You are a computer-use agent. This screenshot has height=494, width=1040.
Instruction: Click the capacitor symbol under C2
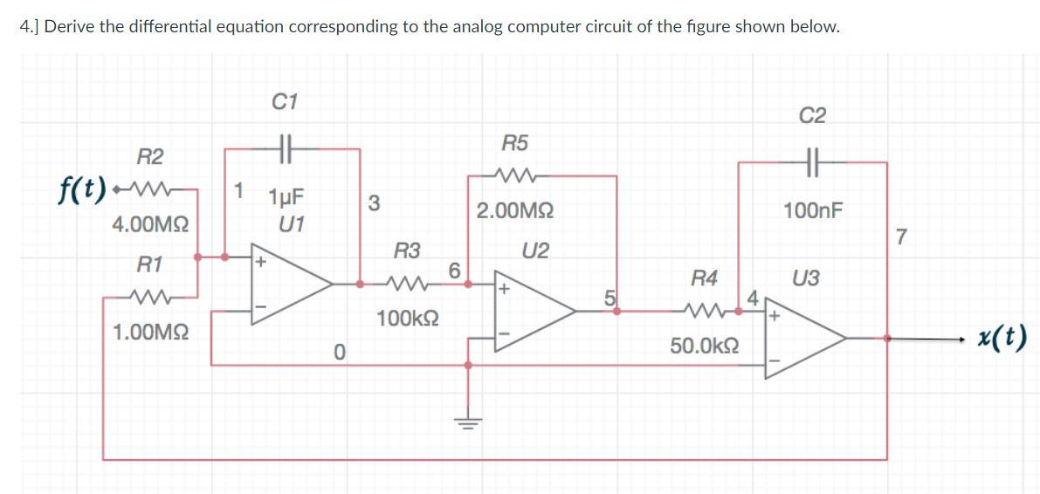click(x=813, y=161)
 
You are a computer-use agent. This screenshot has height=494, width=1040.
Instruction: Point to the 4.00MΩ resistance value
click(x=150, y=225)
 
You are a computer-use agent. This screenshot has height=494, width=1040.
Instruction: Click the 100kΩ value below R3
click(x=407, y=319)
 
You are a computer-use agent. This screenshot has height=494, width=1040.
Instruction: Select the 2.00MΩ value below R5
click(x=515, y=212)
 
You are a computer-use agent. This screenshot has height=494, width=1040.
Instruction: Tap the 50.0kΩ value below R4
click(x=705, y=346)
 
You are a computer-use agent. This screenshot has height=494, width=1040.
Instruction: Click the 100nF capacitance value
click(x=813, y=211)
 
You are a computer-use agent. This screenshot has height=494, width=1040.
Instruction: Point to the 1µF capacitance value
click(x=286, y=197)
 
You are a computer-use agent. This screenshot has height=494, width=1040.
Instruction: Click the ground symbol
click(x=468, y=422)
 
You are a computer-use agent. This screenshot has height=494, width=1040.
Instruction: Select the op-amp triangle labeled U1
click(x=292, y=284)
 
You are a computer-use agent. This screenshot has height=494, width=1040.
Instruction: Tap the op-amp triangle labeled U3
click(x=805, y=338)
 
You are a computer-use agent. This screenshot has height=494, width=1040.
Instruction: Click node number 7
click(x=900, y=236)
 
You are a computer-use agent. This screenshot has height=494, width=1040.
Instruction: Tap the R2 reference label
click(x=150, y=158)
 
